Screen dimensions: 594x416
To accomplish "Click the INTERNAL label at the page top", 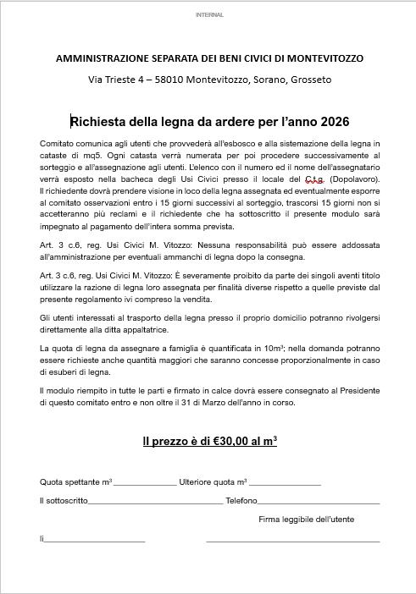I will tap(208, 15).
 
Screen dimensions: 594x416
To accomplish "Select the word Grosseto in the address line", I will tap(310, 80).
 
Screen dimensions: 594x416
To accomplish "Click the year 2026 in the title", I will tap(330, 122).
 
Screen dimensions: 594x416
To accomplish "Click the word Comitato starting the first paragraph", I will tap(58, 145).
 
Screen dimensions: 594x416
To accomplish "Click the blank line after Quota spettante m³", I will tap(145, 483).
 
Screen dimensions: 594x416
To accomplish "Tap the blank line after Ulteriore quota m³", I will tap(286, 483).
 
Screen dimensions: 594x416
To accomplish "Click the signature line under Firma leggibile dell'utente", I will tap(292, 539).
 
